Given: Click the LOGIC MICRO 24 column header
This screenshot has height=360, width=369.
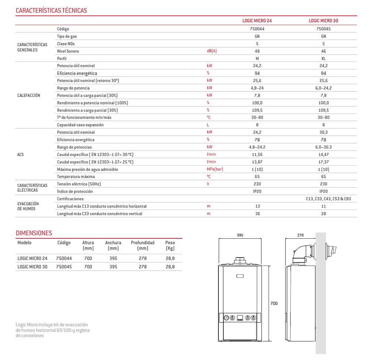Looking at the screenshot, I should click(257, 21).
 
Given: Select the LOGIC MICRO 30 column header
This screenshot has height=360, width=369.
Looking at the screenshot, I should click(323, 21).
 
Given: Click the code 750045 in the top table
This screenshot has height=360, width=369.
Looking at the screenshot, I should click(323, 29).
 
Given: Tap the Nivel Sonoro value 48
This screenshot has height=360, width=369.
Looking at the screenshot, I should click(257, 51).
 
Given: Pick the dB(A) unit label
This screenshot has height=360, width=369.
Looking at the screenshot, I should click(212, 51).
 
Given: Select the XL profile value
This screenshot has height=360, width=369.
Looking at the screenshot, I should click(323, 59).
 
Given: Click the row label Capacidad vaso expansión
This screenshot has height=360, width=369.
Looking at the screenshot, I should click(80, 125).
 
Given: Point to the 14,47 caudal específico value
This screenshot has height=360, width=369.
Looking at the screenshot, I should click(323, 155).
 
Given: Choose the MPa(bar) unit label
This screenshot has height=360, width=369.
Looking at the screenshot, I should click(215, 169).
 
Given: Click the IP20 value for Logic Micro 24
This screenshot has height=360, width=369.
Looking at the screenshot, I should click(257, 191).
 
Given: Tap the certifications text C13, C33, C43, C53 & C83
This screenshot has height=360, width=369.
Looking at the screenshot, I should click(328, 199).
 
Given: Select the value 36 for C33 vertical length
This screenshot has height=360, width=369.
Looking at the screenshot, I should click(257, 214).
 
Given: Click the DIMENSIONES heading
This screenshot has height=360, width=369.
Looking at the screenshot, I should click(34, 233).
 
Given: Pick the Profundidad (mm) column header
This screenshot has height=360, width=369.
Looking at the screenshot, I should click(142, 245).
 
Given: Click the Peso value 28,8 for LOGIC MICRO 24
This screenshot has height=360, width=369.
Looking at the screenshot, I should click(170, 259).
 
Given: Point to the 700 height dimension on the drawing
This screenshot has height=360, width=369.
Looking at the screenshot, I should click(274, 304).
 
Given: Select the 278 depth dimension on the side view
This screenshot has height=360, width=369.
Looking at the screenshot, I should click(300, 235).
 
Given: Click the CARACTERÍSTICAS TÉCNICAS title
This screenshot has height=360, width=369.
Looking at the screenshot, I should click(51, 10).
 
